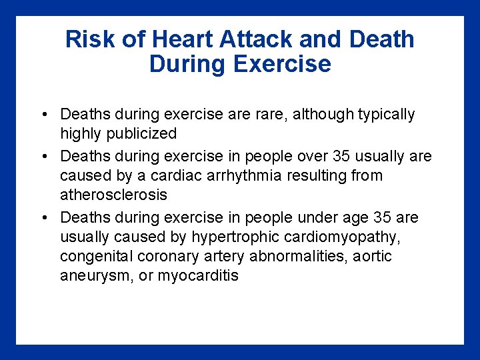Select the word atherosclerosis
(114, 195)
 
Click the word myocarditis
(198, 275)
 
